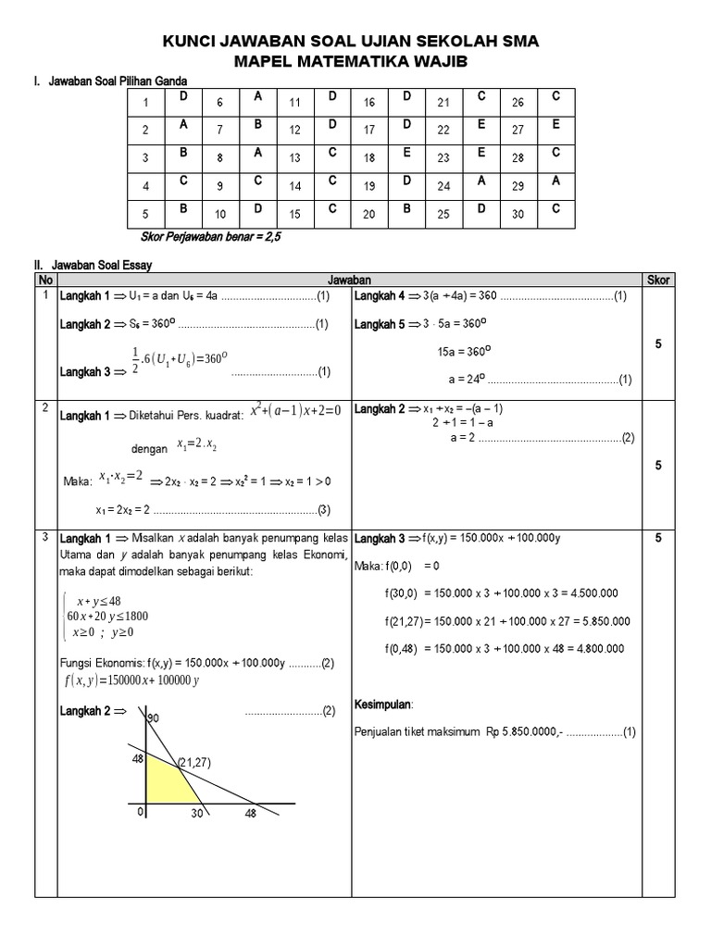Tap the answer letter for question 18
405,154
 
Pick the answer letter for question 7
259,124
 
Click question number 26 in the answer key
518,103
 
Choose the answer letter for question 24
480,182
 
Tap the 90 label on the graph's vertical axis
153,718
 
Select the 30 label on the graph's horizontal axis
197,815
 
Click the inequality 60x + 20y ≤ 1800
107,617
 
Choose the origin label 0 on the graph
141,812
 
